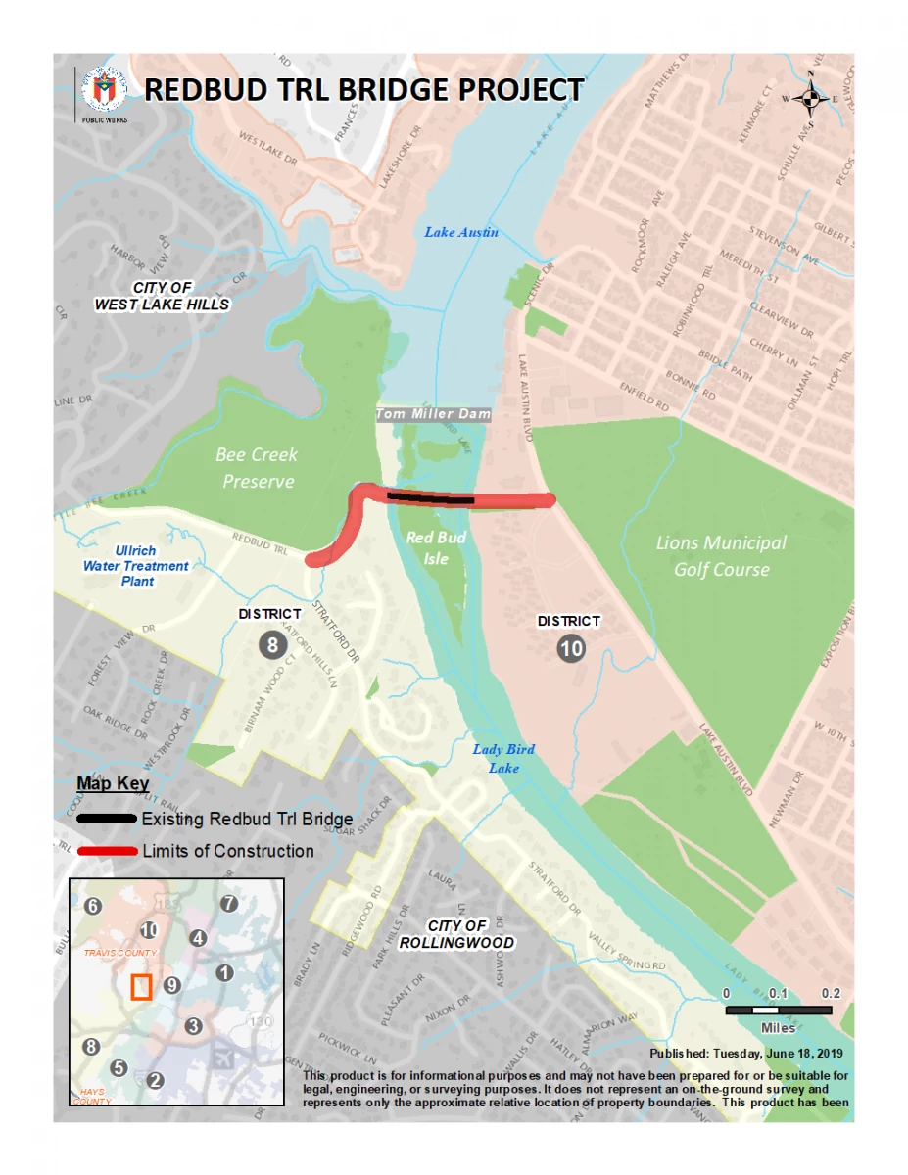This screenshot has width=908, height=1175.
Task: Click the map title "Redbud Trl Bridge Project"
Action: tap(363, 90)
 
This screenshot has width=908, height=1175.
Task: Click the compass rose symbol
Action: tap(810, 98)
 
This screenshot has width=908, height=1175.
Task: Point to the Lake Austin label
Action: tap(461, 232)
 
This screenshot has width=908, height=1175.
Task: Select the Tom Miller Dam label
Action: tap(433, 415)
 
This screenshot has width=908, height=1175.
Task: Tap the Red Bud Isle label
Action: tap(436, 547)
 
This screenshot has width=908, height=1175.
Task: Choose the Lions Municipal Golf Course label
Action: tap(721, 555)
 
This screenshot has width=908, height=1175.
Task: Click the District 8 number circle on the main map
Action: tap(273, 643)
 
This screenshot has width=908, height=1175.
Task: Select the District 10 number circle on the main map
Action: tap(571, 646)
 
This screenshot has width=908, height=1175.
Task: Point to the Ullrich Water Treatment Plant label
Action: tap(136, 566)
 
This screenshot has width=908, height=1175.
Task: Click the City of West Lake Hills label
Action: tap(162, 296)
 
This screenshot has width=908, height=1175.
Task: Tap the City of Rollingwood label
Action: tap(456, 934)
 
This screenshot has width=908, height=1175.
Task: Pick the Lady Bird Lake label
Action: tap(503, 759)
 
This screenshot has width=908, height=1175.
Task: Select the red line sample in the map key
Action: tap(107, 851)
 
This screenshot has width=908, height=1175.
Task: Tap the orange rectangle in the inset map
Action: tap(142, 987)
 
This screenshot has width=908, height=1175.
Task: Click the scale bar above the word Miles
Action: tap(779, 1010)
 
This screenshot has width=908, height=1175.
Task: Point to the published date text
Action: tap(746, 1054)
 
